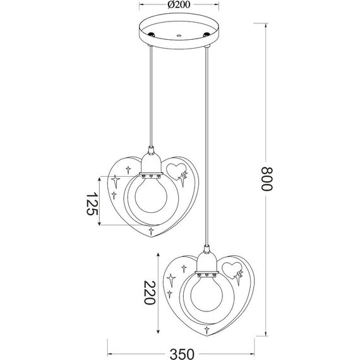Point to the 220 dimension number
pos(149,293)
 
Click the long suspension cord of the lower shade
pos(206,145)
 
